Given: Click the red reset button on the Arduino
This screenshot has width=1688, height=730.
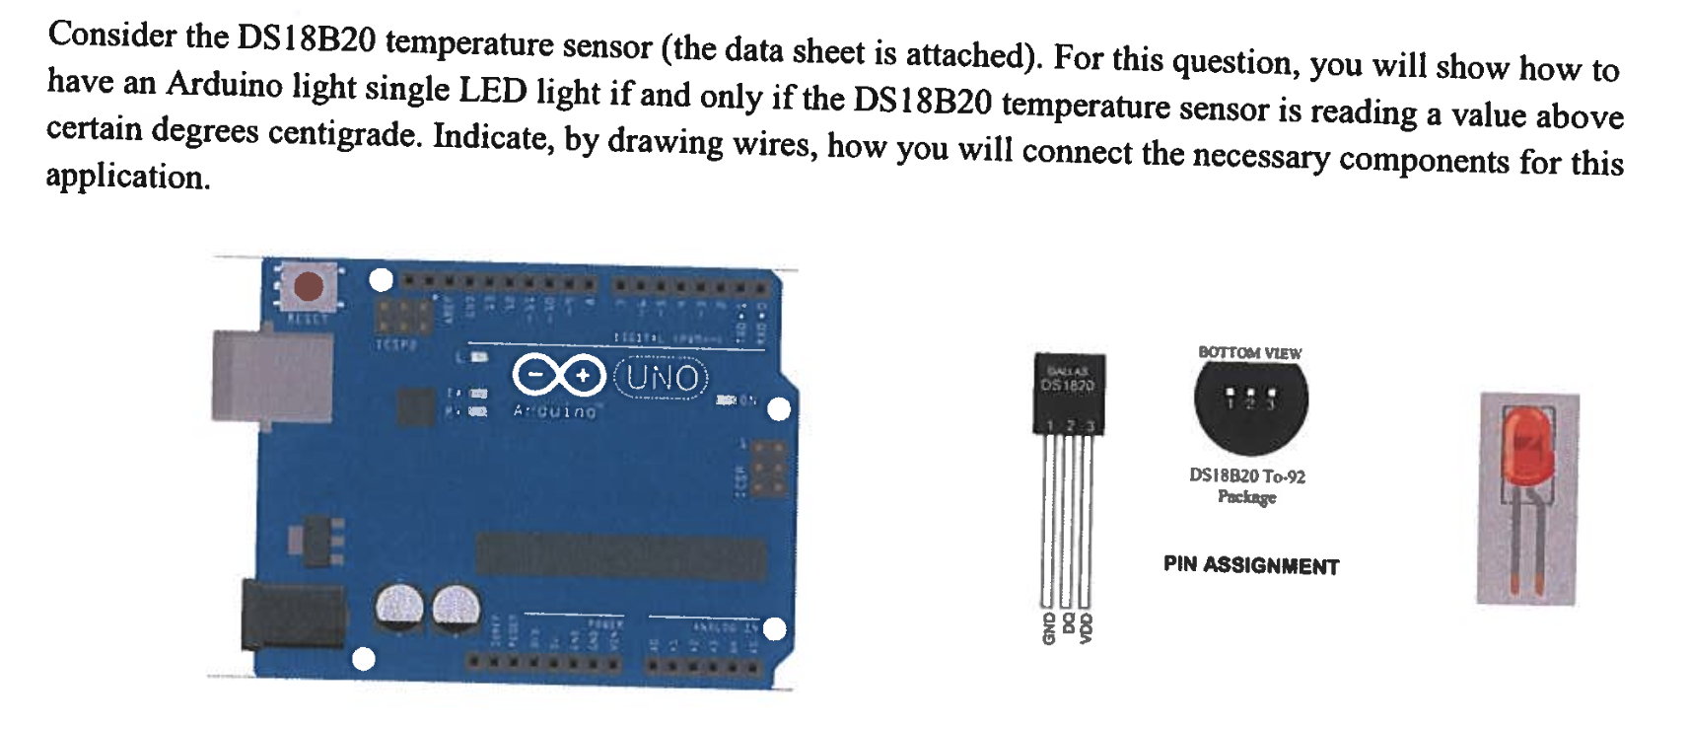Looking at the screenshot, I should coord(309,286).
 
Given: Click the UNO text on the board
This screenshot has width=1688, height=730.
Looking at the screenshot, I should coord(663,377).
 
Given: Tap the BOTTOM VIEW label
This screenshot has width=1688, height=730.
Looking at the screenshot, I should coord(1249,352).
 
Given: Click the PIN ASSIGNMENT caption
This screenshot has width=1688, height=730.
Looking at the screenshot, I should coord(1250,566).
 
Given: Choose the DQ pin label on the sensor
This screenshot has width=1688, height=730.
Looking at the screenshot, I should coord(1067,624).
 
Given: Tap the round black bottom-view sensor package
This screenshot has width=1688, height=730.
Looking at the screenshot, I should coord(1250,404).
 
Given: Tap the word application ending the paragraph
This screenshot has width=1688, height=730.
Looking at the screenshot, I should coord(127,177).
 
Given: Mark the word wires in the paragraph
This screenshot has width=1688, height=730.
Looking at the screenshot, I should coord(768,144).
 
